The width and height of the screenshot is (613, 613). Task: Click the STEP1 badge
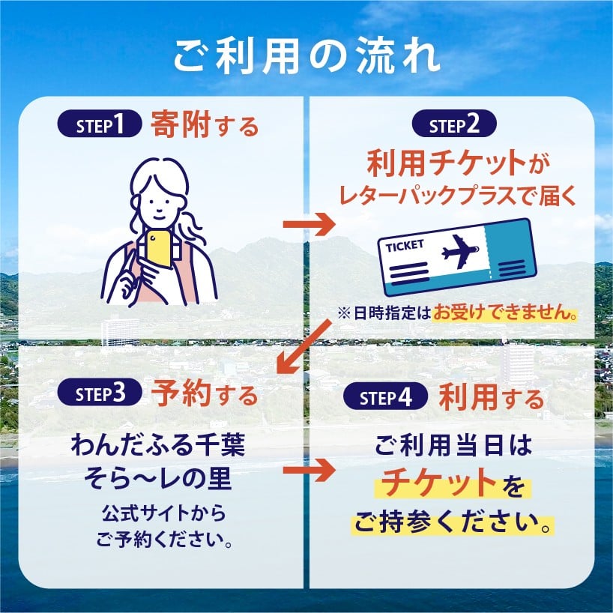click(100, 124)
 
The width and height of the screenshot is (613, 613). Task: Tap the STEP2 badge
click(454, 124)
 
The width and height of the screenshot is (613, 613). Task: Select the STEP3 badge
click(100, 392)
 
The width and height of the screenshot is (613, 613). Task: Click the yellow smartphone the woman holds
click(158, 249)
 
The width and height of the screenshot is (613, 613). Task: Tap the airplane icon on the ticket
click(460, 252)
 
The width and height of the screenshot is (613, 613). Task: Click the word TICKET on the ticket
click(405, 246)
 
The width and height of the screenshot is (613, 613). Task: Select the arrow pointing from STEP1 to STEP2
click(309, 224)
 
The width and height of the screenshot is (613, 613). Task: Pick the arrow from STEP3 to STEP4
click(309, 471)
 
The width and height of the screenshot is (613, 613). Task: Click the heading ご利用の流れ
click(307, 55)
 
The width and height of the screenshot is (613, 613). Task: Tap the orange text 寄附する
click(205, 124)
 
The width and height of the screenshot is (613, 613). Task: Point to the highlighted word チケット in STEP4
click(439, 483)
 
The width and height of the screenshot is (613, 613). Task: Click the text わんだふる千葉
click(158, 446)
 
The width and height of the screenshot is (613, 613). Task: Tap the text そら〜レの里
click(158, 479)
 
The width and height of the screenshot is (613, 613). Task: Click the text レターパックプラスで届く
click(458, 195)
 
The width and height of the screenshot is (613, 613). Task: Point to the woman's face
click(160, 202)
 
